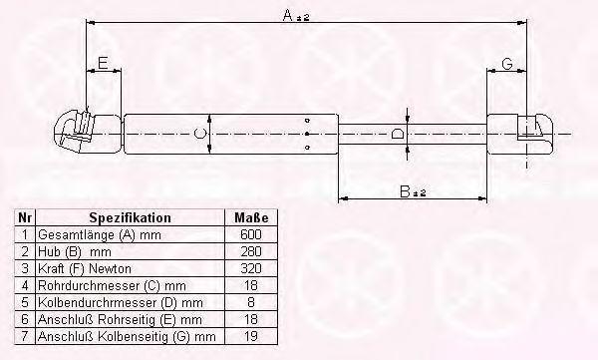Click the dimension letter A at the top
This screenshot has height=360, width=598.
(288, 15)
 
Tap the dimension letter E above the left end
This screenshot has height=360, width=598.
(103, 63)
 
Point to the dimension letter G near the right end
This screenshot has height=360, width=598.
(507, 64)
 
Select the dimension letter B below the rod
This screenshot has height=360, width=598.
(405, 191)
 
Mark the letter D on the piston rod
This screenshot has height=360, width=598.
(398, 134)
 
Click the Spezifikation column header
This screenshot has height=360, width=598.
(130, 217)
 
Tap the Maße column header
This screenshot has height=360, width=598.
(251, 217)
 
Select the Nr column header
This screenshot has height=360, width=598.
(24, 217)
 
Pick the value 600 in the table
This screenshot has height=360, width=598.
(251, 234)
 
